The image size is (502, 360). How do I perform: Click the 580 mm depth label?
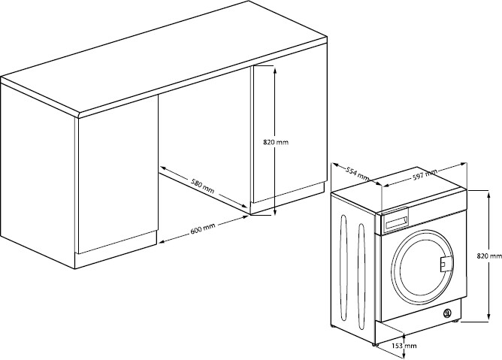tap(202, 186)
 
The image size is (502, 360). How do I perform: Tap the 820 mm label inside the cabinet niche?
tap(276, 142)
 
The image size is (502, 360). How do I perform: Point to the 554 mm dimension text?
tap(357, 174)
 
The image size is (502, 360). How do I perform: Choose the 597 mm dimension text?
tap(425, 174)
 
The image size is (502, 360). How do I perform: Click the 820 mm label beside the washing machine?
tap(489, 256)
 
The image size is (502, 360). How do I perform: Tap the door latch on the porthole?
tap(443, 263)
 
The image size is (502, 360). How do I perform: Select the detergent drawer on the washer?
tap(396, 220)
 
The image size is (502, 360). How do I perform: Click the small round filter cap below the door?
tap(447, 313)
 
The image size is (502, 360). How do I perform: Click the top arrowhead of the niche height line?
tap(275, 69)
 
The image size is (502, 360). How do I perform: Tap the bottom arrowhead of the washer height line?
tap(489, 316)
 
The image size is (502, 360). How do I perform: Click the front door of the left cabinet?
tap(118, 174)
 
